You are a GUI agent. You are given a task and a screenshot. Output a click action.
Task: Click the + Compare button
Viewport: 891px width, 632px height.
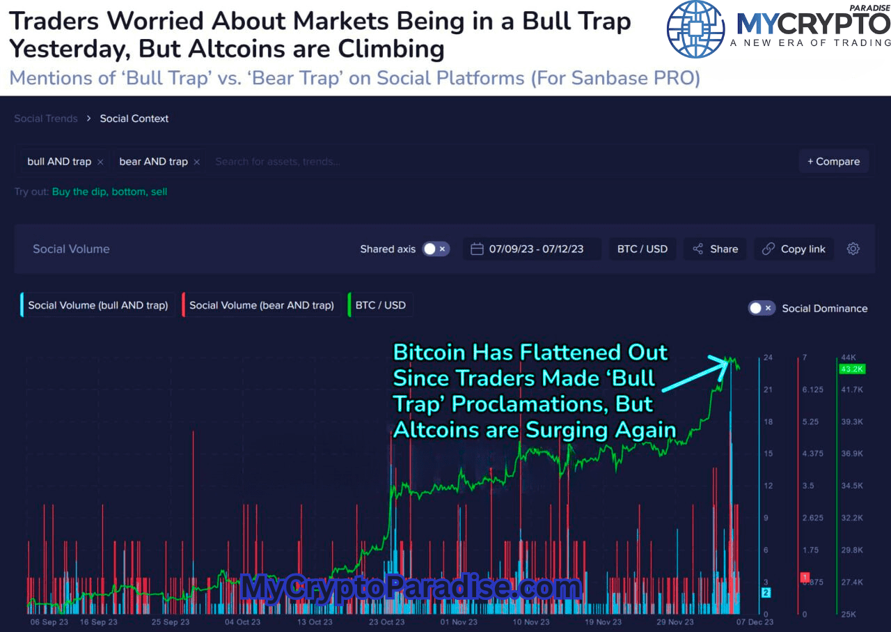[833, 162]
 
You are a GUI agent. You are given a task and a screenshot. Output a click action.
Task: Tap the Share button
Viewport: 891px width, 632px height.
[715, 249]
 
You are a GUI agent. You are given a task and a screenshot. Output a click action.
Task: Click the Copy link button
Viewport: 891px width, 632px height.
[794, 249]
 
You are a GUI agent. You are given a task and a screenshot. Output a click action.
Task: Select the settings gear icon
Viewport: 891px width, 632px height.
[853, 249]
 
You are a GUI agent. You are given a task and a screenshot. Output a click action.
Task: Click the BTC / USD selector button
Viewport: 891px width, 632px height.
[642, 249]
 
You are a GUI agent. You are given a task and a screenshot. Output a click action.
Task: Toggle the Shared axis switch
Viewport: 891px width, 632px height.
[436, 249]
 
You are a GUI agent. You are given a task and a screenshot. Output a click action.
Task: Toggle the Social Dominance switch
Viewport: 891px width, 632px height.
[761, 308]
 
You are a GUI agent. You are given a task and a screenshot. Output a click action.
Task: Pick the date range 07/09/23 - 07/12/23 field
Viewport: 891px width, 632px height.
[532, 249]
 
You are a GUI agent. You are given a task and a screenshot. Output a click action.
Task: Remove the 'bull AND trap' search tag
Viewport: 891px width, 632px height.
[100, 162]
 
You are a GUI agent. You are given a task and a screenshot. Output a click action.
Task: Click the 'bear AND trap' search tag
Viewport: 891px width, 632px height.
[153, 162]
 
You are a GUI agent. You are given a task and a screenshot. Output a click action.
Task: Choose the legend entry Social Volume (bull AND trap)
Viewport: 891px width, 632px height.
[97, 305]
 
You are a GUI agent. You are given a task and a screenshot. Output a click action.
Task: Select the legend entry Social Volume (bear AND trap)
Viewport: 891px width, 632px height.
[261, 305]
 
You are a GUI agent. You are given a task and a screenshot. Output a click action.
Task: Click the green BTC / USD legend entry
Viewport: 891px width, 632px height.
[380, 305]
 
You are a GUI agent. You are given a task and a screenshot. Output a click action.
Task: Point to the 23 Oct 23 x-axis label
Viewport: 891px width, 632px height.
[386, 622]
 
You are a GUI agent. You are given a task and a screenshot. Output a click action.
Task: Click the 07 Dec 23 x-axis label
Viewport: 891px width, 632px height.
[755, 622]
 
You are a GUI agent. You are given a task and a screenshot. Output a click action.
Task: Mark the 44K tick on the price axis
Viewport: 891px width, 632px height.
[849, 357]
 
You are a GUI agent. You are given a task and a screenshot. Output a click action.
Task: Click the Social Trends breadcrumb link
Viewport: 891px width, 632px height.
[46, 118]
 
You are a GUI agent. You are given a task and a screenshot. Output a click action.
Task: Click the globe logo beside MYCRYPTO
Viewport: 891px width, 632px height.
[695, 29]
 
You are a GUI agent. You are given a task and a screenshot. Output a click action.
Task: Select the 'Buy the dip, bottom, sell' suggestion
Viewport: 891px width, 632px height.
[109, 192]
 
